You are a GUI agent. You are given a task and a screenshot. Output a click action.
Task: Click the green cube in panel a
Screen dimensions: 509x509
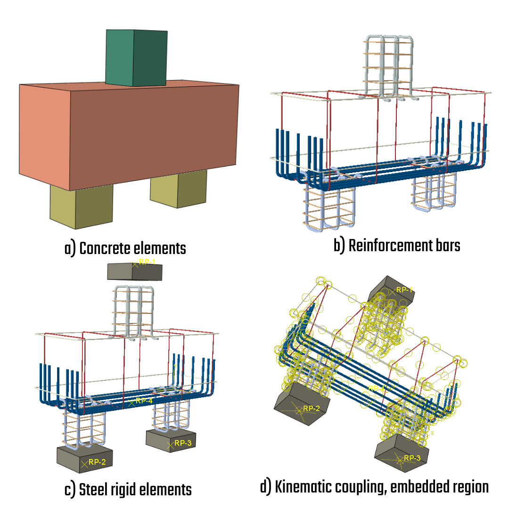(x=136, y=58)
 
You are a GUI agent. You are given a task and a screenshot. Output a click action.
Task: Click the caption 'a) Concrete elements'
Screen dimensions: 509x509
(x=125, y=248)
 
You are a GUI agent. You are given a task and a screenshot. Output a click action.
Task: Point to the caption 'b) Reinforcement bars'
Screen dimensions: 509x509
(x=397, y=246)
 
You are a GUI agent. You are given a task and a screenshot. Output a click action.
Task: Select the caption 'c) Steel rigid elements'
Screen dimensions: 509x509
(x=128, y=489)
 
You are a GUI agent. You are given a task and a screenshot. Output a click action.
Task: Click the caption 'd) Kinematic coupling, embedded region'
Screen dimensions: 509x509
(x=374, y=487)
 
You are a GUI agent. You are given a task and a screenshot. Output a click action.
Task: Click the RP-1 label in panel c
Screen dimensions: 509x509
(x=147, y=262)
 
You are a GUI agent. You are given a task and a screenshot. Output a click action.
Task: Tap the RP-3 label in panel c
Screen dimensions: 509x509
(x=183, y=443)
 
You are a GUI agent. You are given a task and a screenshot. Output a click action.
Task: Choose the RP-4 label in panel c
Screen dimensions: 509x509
(x=143, y=401)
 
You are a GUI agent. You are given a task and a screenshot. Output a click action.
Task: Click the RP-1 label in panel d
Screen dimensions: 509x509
(x=404, y=290)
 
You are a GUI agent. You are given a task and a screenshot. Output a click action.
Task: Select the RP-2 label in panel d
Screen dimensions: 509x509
(x=312, y=408)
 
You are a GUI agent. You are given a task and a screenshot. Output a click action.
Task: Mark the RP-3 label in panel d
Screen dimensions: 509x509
(x=412, y=458)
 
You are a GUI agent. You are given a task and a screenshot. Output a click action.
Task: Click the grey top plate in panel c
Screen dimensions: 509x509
(x=135, y=272)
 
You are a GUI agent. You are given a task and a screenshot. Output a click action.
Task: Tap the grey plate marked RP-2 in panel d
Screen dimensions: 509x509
(x=302, y=403)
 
